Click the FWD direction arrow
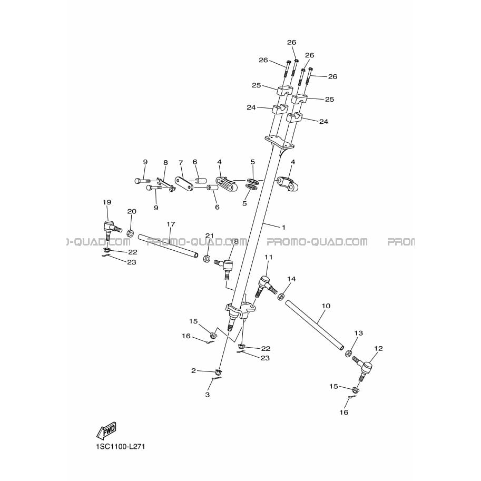[106, 430]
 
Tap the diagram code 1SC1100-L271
[121, 447]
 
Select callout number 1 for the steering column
[283, 227]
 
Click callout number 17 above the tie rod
[171, 224]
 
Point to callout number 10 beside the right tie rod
[326, 306]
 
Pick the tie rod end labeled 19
[110, 230]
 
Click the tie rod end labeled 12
[364, 369]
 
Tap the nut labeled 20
[130, 233]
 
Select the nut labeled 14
[280, 297]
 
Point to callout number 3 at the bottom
[208, 395]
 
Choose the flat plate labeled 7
[184, 183]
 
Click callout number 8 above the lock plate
[165, 163]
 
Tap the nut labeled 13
[348, 353]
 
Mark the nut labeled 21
[207, 258]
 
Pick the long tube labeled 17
[168, 246]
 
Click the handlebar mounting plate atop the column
[279, 142]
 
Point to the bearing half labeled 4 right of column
[288, 183]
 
